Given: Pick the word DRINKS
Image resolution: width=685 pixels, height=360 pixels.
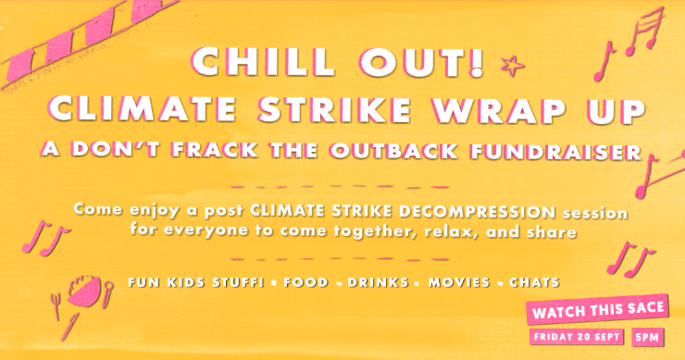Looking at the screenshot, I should pos(375,279).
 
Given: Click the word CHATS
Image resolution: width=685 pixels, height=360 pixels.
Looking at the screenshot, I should pos(534,279).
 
